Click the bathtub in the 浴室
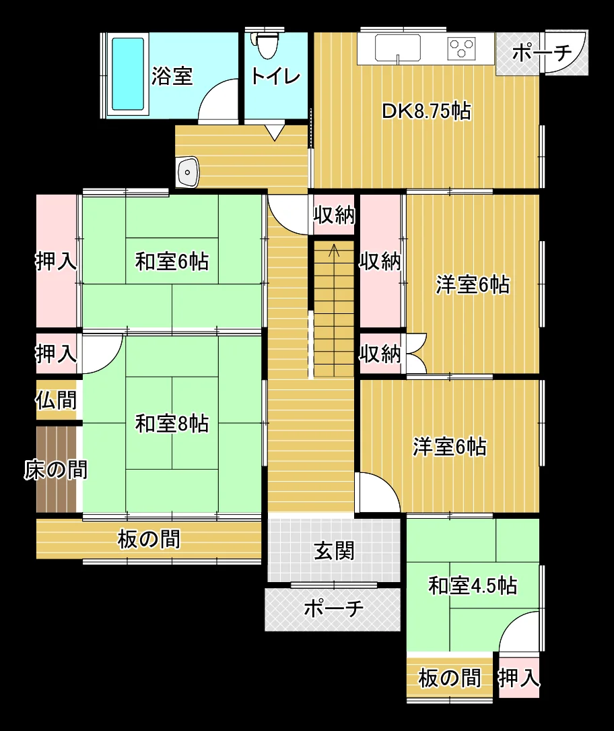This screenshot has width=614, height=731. pyautogui.click(x=128, y=74)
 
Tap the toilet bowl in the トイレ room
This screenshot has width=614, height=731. pyautogui.click(x=267, y=45)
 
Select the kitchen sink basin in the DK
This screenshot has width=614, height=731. pyautogui.click(x=397, y=48)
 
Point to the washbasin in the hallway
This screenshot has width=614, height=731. pyautogui.click(x=187, y=172)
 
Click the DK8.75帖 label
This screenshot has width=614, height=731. pyautogui.click(x=426, y=111)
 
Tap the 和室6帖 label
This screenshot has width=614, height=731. pyautogui.click(x=172, y=261)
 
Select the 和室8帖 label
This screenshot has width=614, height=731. pyautogui.click(x=172, y=423)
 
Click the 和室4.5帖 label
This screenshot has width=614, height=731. pyautogui.click(x=473, y=585)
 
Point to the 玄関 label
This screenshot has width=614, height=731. pyautogui.click(x=334, y=550)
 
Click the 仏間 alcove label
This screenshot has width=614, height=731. pyautogui.click(x=56, y=400)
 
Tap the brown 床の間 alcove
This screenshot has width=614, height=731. pyautogui.click(x=57, y=470)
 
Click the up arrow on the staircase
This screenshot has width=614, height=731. pyautogui.click(x=334, y=251)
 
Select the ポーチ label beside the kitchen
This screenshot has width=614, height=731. pyautogui.click(x=542, y=53)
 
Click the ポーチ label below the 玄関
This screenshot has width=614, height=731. pyautogui.click(x=333, y=608)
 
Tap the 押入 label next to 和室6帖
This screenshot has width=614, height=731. pyautogui.click(x=56, y=261)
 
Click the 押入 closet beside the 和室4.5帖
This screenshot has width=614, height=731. pyautogui.click(x=519, y=678)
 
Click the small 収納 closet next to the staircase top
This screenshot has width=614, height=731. pyautogui.click(x=334, y=215)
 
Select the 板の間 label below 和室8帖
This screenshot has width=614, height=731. pyautogui.click(x=149, y=539)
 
